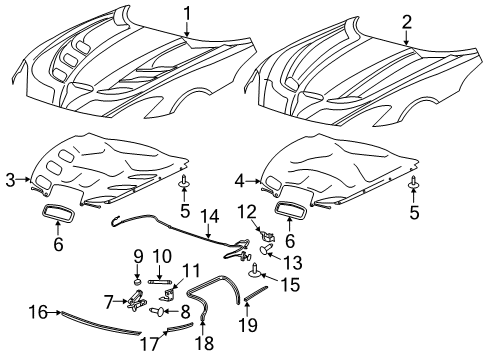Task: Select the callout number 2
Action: coord(406,19)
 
